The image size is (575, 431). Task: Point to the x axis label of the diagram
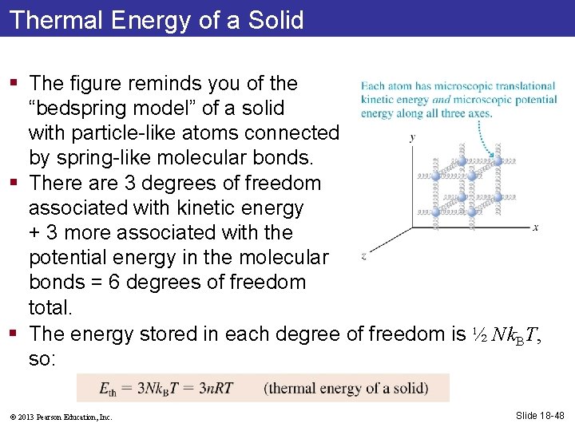535,227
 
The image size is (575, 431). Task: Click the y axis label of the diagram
411,137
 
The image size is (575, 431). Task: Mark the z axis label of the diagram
364,256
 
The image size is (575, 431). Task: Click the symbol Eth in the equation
107,389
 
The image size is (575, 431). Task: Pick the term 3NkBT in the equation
153,389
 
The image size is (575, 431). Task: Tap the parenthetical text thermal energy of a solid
346,389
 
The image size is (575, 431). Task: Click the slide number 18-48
540,415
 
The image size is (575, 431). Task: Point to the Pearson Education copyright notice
61,417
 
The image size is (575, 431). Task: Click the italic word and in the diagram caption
441,100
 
